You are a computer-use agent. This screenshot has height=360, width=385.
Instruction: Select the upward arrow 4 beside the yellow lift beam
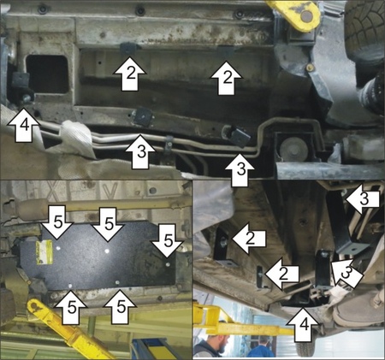303,324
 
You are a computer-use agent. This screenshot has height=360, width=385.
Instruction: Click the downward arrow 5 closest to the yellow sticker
58,222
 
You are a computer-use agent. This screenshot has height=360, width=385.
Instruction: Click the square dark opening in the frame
47,74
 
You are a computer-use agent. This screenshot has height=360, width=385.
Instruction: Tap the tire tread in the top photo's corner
365,27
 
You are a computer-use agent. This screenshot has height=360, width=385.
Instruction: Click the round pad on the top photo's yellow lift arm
305,16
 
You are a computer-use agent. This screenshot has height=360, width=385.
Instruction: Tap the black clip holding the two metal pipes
169,144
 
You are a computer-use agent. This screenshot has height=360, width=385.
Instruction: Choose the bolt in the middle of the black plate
107,251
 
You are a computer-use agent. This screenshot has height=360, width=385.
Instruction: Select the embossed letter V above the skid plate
110,191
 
